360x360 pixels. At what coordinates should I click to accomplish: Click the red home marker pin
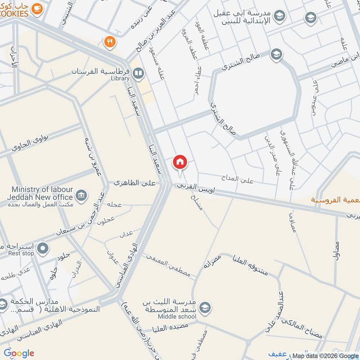tap(180, 162)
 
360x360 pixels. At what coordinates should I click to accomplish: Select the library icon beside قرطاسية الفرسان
tap(139, 72)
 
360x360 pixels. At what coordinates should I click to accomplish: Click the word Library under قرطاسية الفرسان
tap(120, 78)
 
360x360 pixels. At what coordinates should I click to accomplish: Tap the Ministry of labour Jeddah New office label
tap(40, 193)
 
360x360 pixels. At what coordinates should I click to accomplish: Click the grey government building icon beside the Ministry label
tap(81, 194)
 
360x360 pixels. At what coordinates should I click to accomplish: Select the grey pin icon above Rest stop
tap(43, 247)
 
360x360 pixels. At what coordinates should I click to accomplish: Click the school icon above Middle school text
tap(205, 307)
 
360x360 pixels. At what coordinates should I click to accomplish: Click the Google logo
tap(19, 353)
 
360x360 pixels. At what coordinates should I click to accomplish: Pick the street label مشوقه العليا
tap(250, 266)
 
